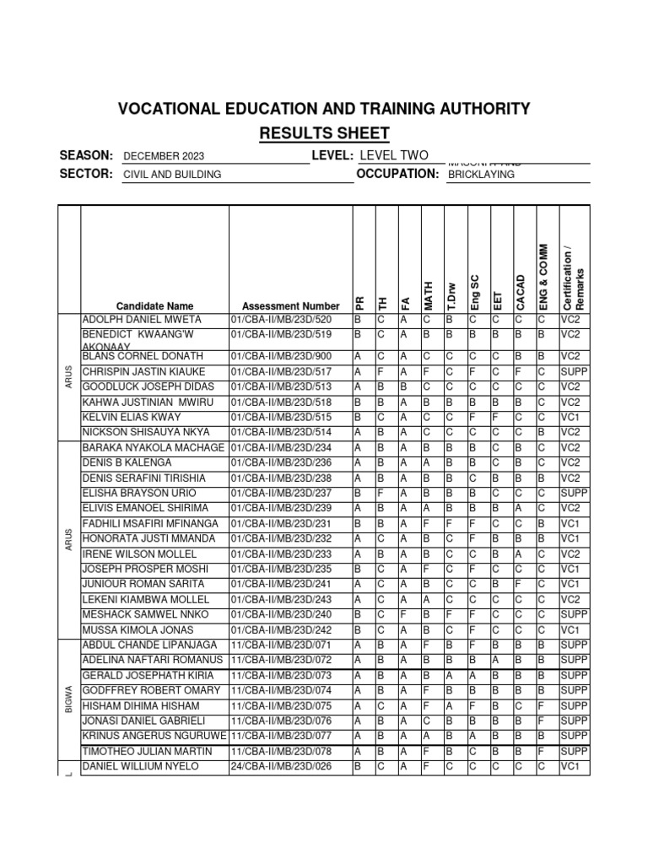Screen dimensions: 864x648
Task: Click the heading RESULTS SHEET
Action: (324, 133)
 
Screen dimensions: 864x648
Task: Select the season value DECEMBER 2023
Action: (164, 156)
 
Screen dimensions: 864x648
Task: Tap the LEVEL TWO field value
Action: (394, 155)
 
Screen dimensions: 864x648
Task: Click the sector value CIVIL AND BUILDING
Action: (172, 175)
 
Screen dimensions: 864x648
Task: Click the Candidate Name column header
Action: (154, 306)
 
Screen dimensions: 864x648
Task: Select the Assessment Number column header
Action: (290, 306)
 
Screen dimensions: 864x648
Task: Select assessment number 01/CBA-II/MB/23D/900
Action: (287, 356)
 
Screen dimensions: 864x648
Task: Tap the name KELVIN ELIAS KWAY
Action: (132, 417)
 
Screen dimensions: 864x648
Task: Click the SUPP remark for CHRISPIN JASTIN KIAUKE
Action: (574, 371)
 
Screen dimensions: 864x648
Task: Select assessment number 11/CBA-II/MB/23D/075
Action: (287, 705)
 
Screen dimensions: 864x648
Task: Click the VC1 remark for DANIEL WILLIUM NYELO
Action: (572, 766)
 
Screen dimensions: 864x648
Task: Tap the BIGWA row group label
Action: (68, 698)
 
